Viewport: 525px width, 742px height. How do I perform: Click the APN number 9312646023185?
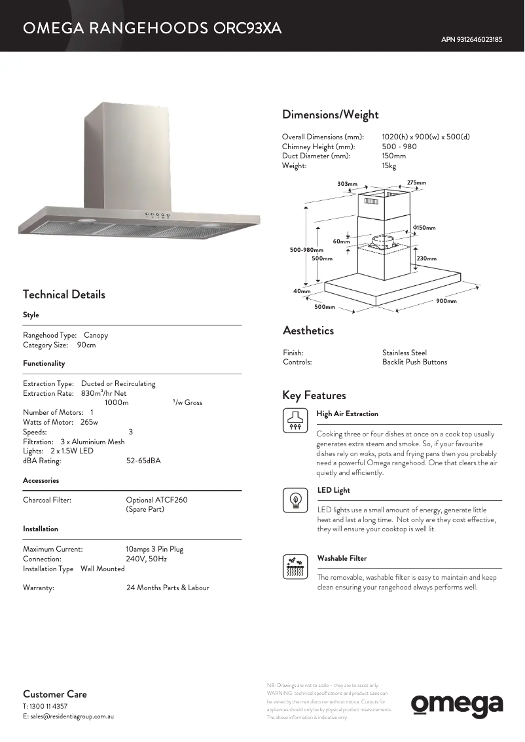point(471,39)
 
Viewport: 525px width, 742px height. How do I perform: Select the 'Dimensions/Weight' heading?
point(330,115)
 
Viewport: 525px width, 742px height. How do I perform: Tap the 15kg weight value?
point(389,166)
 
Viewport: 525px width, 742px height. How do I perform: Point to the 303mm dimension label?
point(347,184)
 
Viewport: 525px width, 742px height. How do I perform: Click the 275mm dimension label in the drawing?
point(416,183)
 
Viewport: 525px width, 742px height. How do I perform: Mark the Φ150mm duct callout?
point(424,228)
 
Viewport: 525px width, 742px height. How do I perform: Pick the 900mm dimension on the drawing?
point(446,301)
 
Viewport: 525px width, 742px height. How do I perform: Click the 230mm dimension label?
point(426,258)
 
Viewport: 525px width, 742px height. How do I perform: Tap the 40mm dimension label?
point(302,291)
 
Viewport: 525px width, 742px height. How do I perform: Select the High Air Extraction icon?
point(294,420)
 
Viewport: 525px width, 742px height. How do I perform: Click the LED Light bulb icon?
point(295,500)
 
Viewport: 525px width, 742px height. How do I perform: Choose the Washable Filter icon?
point(295,567)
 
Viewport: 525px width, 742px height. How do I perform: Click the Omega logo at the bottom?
point(457,705)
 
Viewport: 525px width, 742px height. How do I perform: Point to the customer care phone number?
point(45,707)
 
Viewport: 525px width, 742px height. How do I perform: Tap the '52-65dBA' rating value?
point(143,461)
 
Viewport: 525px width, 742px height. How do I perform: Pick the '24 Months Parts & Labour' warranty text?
point(168,588)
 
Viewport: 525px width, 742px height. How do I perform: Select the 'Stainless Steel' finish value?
point(404,353)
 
